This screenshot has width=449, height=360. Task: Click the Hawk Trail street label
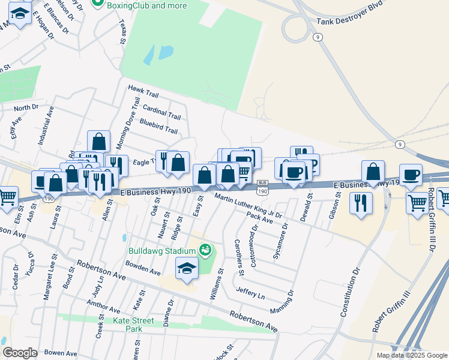[x=143, y=91]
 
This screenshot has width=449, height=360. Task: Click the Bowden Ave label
[x=142, y=267]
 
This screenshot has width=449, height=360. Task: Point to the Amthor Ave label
[x=104, y=306]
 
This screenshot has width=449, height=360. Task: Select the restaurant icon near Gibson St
[x=361, y=202]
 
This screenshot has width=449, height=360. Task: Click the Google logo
[x=20, y=353]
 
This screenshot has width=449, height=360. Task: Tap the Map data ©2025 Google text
[x=412, y=355]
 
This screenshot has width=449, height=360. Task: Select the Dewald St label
[x=307, y=206]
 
